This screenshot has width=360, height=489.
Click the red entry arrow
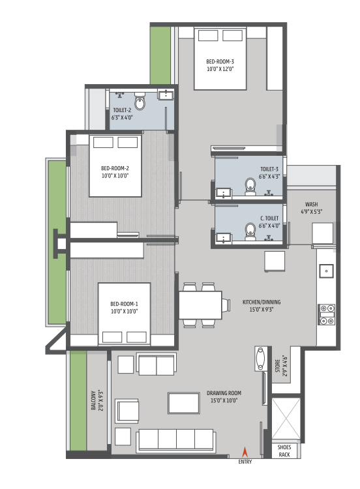pos(245,452)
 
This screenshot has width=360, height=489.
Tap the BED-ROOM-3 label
pos(220,62)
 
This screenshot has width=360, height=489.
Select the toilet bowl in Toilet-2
pos(140,101)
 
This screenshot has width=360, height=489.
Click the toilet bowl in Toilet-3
pos(250,186)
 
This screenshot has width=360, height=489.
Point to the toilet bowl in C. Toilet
pos(250,231)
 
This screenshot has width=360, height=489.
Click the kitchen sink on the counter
pos(326,271)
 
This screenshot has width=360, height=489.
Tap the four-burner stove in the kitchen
pos(326,314)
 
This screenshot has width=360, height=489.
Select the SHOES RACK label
pos(284,451)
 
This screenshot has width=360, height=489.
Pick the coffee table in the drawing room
pos(184,403)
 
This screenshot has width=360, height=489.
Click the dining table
pos(200,305)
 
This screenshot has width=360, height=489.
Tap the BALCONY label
pos(93,400)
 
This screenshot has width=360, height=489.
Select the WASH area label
pos(311,204)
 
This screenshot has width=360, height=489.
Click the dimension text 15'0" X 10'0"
pos(224,400)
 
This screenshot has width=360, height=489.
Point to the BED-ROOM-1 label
pos(124,304)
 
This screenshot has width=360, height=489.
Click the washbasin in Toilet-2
pos(166,95)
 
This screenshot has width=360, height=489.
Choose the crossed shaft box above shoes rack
pos(286,418)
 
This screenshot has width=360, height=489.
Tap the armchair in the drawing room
pos(127,411)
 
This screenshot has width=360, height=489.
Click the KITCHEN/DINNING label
pos(262,302)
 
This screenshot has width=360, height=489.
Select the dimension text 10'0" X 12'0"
pos(220,69)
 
